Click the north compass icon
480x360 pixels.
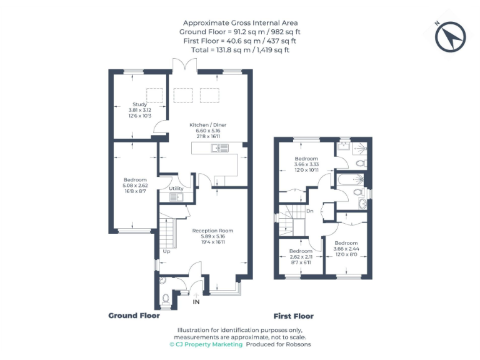(x=451, y=36)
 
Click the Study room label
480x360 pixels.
(x=139, y=104)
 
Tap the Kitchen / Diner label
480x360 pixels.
(x=208, y=125)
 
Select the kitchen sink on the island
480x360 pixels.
(x=220, y=147)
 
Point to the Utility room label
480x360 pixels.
(x=176, y=188)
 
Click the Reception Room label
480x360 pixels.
(x=212, y=231)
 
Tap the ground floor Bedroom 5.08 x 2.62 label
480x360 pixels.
(x=135, y=180)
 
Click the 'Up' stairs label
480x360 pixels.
(x=166, y=252)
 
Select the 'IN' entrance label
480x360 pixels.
(x=196, y=302)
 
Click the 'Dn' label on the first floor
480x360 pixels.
(x=309, y=211)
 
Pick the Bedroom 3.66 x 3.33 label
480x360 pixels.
(x=306, y=159)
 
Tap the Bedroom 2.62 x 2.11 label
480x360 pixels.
(x=300, y=251)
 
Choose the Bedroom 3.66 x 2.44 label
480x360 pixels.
(x=346, y=243)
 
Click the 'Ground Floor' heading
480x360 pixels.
(x=134, y=316)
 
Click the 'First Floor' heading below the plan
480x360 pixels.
(x=294, y=316)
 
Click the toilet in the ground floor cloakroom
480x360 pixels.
(x=164, y=298)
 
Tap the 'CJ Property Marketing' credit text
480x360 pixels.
(x=206, y=344)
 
